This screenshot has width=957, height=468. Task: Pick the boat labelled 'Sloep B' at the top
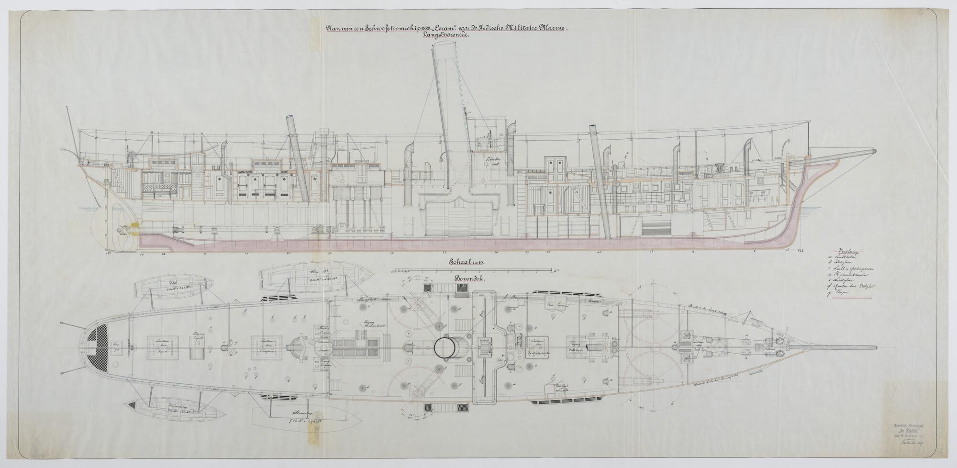click(x=316, y=281)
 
